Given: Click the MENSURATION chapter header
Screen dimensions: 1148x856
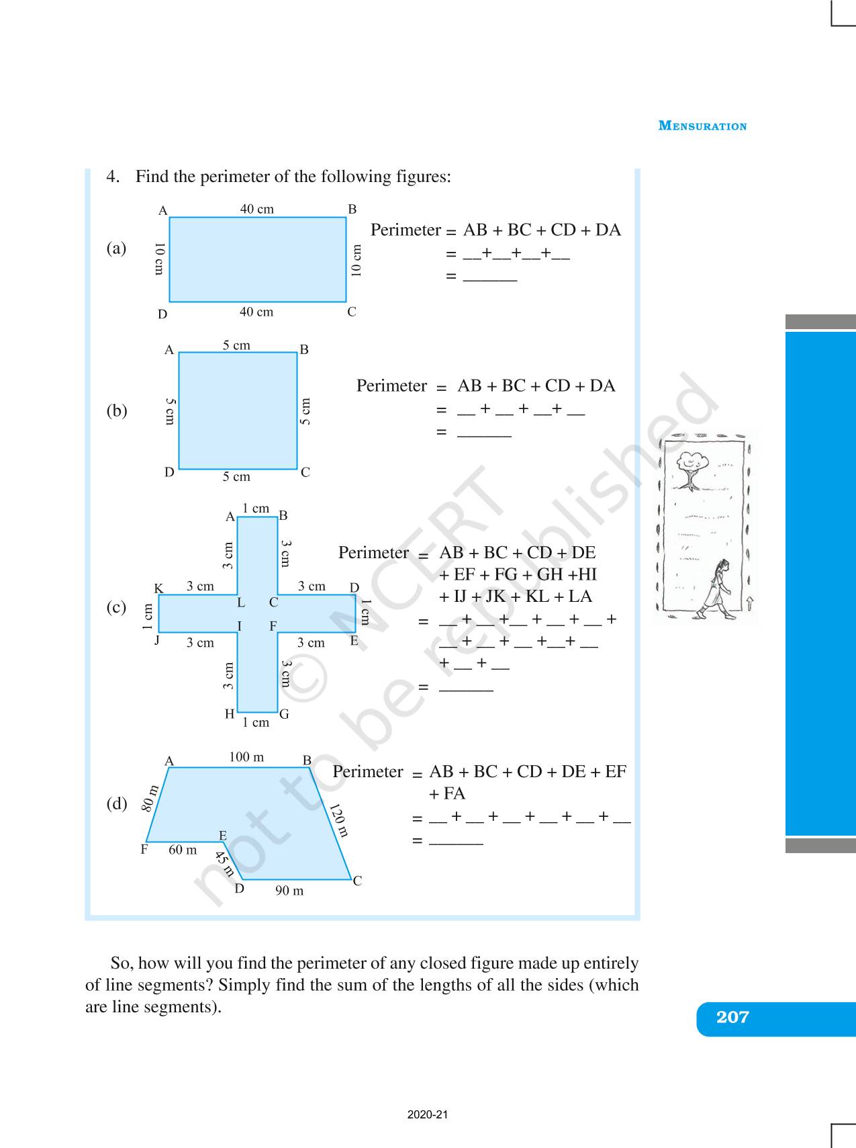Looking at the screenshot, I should pyautogui.click(x=702, y=126).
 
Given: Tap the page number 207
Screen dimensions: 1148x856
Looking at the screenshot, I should pyautogui.click(x=732, y=1017).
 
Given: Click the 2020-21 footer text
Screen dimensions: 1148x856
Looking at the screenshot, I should pyautogui.click(x=428, y=1114).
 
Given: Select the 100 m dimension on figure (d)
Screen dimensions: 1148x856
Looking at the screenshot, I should pyautogui.click(x=246, y=757).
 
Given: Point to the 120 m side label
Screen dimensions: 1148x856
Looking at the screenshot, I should pyautogui.click(x=338, y=820).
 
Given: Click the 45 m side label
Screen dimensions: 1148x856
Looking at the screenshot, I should pyautogui.click(x=224, y=864).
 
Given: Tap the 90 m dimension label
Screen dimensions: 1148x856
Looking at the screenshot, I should pyautogui.click(x=289, y=891).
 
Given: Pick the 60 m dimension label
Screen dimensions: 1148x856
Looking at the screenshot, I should pyautogui.click(x=183, y=850).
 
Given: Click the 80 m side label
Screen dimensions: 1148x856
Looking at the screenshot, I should pyautogui.click(x=150, y=798).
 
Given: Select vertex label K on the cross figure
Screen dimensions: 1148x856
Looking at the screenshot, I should pyautogui.click(x=159, y=588).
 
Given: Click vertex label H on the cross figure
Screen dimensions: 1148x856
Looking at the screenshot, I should pyautogui.click(x=230, y=714).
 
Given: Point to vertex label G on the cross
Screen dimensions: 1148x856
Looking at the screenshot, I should pyautogui.click(x=285, y=714).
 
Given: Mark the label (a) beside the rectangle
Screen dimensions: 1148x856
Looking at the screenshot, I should pyautogui.click(x=116, y=249).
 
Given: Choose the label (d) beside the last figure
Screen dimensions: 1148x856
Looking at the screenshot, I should pyautogui.click(x=117, y=803).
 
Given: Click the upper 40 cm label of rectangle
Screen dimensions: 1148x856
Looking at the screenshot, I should pyautogui.click(x=257, y=209).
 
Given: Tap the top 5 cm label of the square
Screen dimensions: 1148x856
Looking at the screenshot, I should pyautogui.click(x=236, y=345).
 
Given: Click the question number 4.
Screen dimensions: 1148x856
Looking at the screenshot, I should pyautogui.click(x=112, y=177).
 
